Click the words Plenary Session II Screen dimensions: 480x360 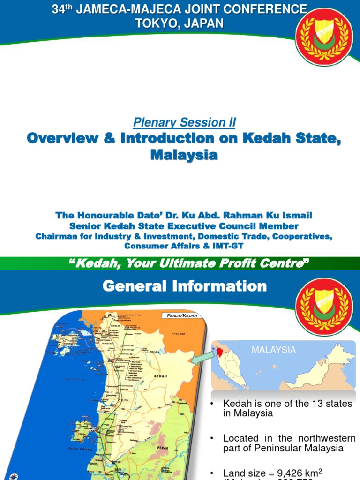[184, 123]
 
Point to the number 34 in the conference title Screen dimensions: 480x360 [58, 9]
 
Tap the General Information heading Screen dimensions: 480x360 [185, 286]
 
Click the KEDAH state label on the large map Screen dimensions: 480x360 [159, 376]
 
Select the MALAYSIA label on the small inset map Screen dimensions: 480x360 [274, 350]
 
